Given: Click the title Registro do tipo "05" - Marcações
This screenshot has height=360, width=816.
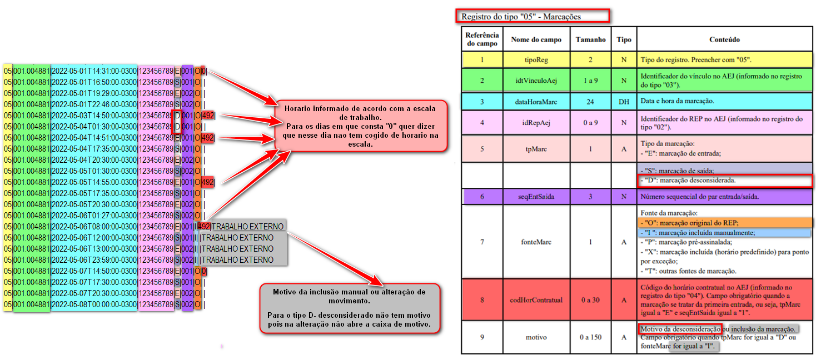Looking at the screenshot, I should pyautogui.click(x=533, y=17).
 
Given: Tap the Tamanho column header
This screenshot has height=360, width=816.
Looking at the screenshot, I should pyautogui.click(x=590, y=40).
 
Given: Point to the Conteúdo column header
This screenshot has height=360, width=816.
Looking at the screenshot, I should pyautogui.click(x=724, y=40).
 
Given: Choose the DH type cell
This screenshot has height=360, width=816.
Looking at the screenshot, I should pyautogui.click(x=624, y=101).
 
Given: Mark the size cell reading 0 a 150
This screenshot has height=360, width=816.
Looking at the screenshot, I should pyautogui.click(x=590, y=337).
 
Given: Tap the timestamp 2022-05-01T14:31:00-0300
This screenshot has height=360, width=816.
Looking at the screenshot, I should pyautogui.click(x=93, y=71).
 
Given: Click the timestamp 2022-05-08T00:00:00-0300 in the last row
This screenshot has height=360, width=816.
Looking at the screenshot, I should pyautogui.click(x=93, y=304).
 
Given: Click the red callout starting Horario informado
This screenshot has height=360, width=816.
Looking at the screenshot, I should pyautogui.click(x=361, y=126).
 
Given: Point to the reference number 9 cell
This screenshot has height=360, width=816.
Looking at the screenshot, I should pyautogui.click(x=482, y=337).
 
